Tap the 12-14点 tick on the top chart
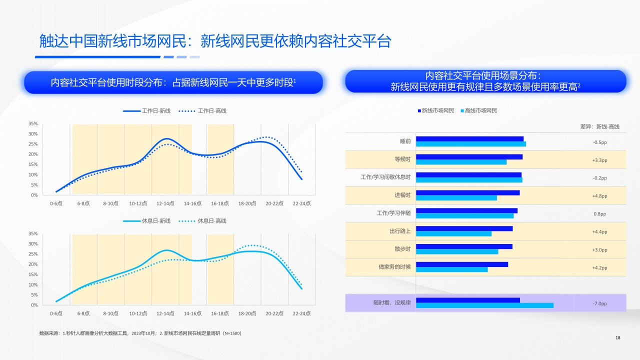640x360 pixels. pyautogui.click(x=165, y=203)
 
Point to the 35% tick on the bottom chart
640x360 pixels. pyautogui.click(x=32, y=233)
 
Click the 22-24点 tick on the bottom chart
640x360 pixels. pyautogui.click(x=301, y=313)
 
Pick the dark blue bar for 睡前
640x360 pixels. pyautogui.click(x=469, y=139)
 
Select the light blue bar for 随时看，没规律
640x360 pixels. pyautogui.click(x=484, y=305)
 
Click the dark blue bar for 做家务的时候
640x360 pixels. pyautogui.click(x=461, y=264)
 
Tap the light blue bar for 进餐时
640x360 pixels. pyautogui.click(x=456, y=198)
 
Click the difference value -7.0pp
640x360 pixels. pyautogui.click(x=599, y=303)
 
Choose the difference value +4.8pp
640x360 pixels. pyautogui.click(x=599, y=196)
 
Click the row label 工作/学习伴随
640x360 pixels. pyautogui.click(x=393, y=213)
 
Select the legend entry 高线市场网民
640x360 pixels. pyautogui.click(x=480, y=110)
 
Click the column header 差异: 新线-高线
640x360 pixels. pyautogui.click(x=599, y=127)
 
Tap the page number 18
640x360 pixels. pyautogui.click(x=617, y=338)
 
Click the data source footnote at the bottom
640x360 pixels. pyautogui.click(x=140, y=333)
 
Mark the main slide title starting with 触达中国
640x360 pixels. pyautogui.click(x=215, y=41)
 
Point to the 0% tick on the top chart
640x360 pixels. pyautogui.click(x=34, y=195)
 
